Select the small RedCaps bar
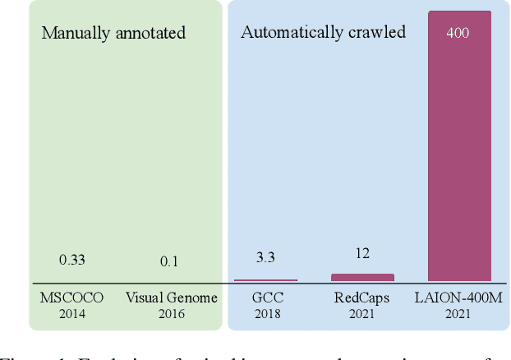362,278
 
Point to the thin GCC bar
265,280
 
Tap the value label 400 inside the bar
458,34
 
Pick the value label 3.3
265,258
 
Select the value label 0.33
72,260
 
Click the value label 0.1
170,261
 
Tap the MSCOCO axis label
72,298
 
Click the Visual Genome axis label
171,298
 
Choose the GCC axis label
265,298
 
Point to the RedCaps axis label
362,298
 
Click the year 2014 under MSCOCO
72,313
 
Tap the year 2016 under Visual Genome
171,313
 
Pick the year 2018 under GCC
265,313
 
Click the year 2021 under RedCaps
362,313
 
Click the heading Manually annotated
113,34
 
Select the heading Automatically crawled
323,33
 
